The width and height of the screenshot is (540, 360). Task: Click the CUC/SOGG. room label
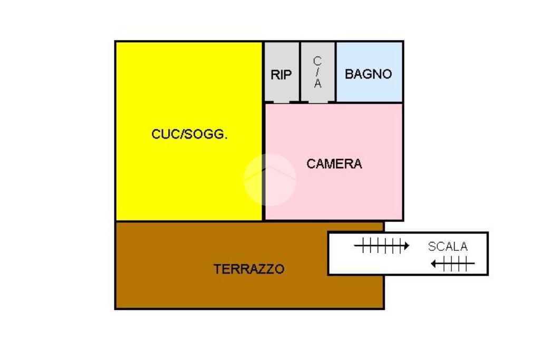tap(189, 134)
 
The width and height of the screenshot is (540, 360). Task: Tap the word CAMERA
tap(334, 164)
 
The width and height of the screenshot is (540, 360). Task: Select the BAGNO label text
tap(369, 74)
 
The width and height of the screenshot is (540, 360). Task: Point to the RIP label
tap(281, 75)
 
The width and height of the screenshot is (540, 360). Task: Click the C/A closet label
tap(317, 72)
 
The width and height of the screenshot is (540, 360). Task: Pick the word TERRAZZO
tap(249, 269)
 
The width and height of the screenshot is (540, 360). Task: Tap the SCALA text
tap(448, 246)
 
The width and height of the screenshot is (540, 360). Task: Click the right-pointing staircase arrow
tap(381, 246)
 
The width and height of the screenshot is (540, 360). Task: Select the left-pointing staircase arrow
tap(452, 264)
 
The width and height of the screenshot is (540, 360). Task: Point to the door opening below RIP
tap(282, 102)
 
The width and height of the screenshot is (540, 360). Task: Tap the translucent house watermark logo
tap(270, 179)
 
